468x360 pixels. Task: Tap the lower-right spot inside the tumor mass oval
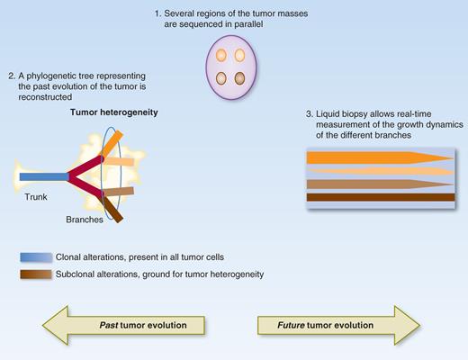240,77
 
